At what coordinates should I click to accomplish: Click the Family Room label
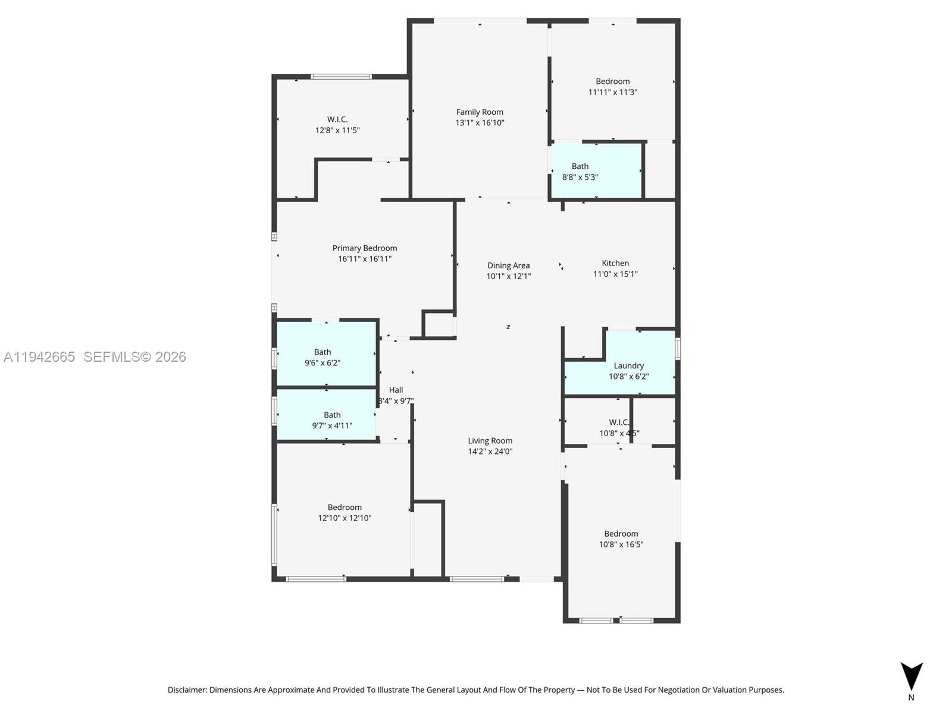pos(480,112)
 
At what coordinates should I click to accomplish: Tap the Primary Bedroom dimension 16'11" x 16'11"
pos(365,259)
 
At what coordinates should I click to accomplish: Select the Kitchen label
pos(615,263)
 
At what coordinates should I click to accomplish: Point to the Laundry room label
pos(629,366)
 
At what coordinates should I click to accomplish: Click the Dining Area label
pos(508,265)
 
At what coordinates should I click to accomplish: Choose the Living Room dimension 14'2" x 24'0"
pos(490,452)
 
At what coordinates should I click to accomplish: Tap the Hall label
pos(396,390)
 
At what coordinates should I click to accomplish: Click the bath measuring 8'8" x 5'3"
pos(580,171)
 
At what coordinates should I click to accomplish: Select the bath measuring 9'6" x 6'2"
pos(322,357)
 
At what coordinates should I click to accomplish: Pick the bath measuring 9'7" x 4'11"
pos(332,420)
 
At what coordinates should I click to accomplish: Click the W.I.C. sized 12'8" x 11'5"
pos(337,124)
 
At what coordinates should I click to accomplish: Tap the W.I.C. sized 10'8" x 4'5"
pos(619,427)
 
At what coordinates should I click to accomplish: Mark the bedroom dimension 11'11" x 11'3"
pos(613,92)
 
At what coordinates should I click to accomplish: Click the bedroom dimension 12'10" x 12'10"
pos(345,518)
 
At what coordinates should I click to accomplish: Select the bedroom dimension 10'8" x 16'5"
pos(621,544)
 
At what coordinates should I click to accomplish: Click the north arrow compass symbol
pos(911,677)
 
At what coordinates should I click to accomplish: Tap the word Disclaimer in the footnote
pos(187,690)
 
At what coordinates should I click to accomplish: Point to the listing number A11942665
pos(39,356)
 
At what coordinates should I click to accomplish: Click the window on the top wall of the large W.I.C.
pos(342,77)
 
